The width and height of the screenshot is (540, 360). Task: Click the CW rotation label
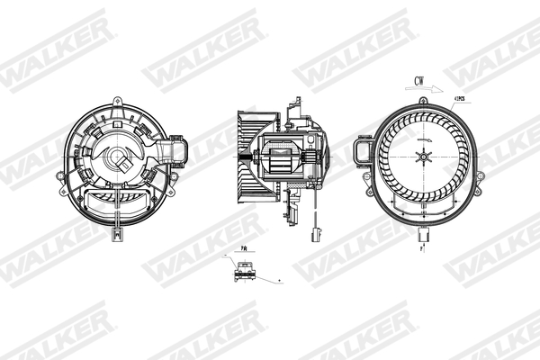coord(419,81)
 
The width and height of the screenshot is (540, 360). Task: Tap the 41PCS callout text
coord(462,98)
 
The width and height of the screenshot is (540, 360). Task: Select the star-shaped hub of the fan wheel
coord(422,158)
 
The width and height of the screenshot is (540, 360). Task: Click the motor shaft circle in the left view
coord(117,160)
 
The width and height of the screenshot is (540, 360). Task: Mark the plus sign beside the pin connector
coord(279,281)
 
